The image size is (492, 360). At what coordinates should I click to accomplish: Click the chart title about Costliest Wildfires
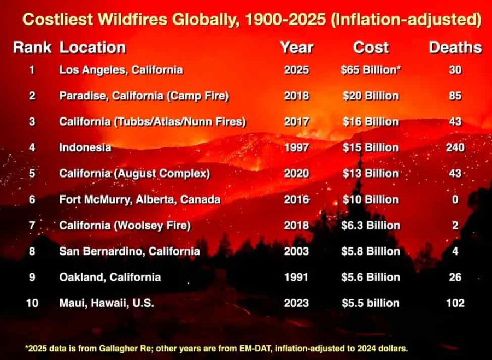pyautogui.click(x=251, y=20)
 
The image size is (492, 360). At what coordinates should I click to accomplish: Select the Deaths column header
pyautogui.click(x=455, y=48)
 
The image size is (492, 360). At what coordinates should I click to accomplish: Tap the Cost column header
pyautogui.click(x=371, y=48)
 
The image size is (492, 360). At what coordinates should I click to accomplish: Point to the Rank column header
pyautogui.click(x=32, y=48)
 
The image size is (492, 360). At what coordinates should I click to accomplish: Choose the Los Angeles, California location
pyautogui.click(x=121, y=70)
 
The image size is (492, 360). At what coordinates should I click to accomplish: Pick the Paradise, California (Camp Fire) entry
pyautogui.click(x=144, y=96)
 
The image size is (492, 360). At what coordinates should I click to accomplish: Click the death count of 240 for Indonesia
pyautogui.click(x=455, y=147)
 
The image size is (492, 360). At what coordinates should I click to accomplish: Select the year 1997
pyautogui.click(x=296, y=147)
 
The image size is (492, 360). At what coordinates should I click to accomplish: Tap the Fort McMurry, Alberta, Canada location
pyautogui.click(x=139, y=199)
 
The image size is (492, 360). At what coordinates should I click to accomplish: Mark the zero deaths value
pyautogui.click(x=455, y=199)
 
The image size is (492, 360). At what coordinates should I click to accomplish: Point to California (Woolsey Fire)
pyautogui.click(x=125, y=225)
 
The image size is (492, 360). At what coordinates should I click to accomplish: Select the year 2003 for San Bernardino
pyautogui.click(x=296, y=251)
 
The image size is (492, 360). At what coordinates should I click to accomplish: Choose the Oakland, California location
pyautogui.click(x=110, y=277)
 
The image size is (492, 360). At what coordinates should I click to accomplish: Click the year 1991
pyautogui.click(x=296, y=277)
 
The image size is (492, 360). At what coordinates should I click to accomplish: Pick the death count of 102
pyautogui.click(x=455, y=303)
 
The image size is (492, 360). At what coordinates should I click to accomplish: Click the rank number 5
pyautogui.click(x=32, y=174)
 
